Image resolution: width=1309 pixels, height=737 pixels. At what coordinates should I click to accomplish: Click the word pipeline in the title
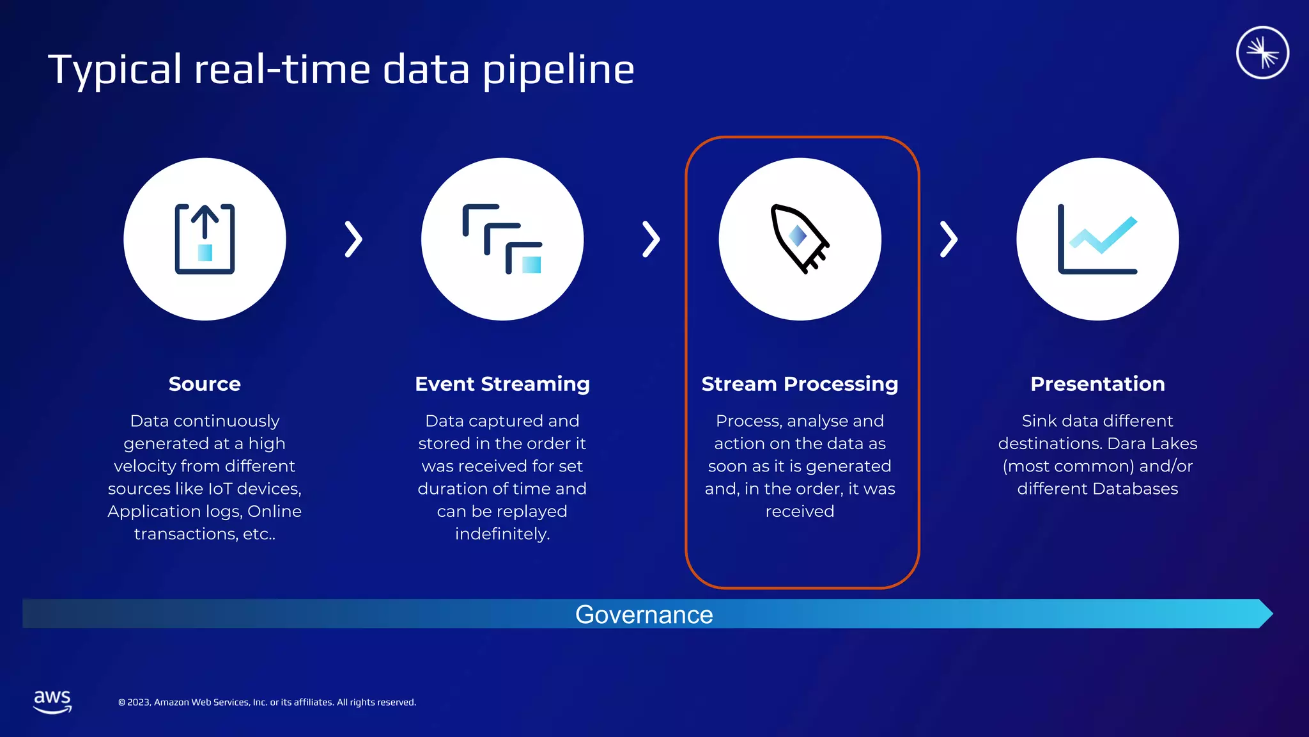(x=558, y=70)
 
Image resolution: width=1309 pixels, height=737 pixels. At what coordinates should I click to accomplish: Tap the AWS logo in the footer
(x=52, y=701)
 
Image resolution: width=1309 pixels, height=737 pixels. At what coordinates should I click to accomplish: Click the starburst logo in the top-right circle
(x=1262, y=52)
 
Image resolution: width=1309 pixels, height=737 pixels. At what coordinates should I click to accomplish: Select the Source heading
(x=205, y=384)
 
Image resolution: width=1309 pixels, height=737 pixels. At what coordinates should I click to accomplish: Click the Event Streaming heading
(x=502, y=384)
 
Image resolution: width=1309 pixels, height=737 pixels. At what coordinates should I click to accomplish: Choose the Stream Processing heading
(x=800, y=384)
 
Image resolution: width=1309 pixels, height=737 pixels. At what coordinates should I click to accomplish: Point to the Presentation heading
(x=1097, y=384)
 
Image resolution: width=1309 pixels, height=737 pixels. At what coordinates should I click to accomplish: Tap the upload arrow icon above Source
(x=205, y=239)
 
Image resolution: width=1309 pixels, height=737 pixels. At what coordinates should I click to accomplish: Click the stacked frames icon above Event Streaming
(x=502, y=239)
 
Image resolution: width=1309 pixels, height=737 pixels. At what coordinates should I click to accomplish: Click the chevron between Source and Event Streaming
(x=353, y=239)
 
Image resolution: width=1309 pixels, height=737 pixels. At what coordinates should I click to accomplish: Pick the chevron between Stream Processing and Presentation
(x=949, y=239)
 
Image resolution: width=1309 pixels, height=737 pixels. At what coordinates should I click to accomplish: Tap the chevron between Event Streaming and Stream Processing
(x=651, y=239)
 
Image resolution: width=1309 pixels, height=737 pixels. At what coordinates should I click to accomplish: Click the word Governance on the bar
(x=644, y=615)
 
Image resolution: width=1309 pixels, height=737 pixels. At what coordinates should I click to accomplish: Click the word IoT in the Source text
(x=221, y=489)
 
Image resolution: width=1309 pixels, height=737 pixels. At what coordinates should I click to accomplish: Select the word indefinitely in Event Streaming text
(x=502, y=534)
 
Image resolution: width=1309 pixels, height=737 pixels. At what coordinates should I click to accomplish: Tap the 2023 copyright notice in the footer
(x=267, y=702)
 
